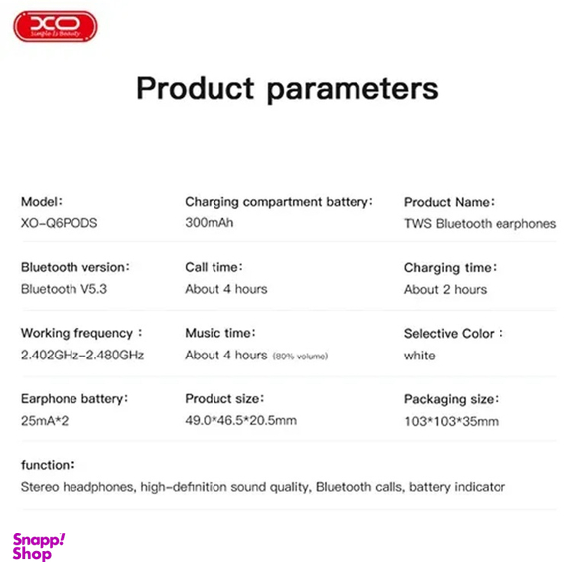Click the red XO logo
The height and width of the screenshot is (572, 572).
coord(55,26)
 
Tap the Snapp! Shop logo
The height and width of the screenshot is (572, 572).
coord(39,546)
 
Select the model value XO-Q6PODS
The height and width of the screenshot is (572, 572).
coord(59,223)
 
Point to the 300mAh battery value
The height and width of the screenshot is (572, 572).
coord(209,223)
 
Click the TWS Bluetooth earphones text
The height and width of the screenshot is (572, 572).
coord(480,223)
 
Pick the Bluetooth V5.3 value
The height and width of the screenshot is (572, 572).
coord(66,289)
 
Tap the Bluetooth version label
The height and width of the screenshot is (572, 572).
coord(75,267)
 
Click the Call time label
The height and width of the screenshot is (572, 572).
coord(214,267)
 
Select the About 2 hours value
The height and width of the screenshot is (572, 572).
coord(445,289)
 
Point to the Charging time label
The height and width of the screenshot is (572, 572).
coord(450,267)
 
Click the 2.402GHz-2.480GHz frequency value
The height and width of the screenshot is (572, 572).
coord(81,355)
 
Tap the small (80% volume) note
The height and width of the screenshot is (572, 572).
coord(300,356)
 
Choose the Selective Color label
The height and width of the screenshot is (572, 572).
coord(454,333)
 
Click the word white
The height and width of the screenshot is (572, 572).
coord(419,355)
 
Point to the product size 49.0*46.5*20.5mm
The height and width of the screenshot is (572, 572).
coord(240,421)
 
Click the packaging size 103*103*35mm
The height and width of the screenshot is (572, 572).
coord(451,421)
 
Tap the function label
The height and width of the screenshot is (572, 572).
coord(48,465)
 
